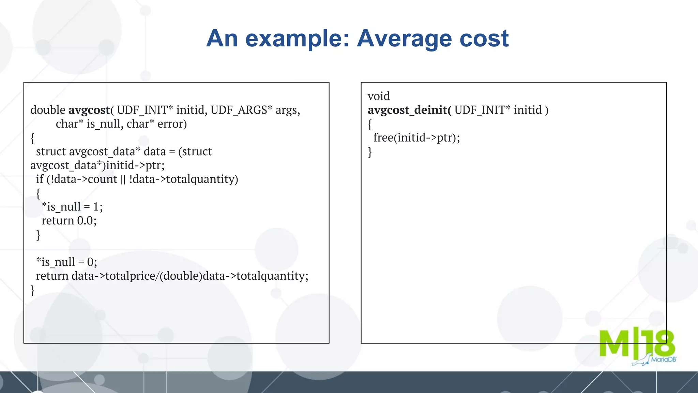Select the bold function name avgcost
coord(89,110)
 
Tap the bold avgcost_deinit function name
coord(408,110)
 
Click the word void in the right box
coord(378,96)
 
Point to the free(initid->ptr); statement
coord(416,138)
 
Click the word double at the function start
coord(48,110)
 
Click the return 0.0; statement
coord(69,221)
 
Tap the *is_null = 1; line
coord(72,207)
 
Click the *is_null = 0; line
coord(66,262)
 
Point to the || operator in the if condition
coord(123,179)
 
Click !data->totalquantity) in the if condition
coord(183,179)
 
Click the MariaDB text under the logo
coord(663,360)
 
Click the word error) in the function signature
coord(172,124)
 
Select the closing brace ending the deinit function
coord(370,152)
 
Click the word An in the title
coord(222,38)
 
